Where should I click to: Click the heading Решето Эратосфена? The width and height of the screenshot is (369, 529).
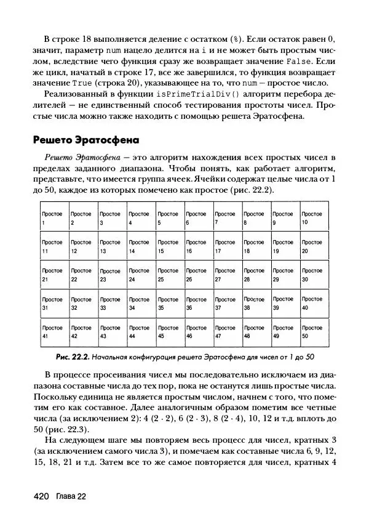tap(85, 140)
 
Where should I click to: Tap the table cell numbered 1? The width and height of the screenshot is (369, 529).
tap(54, 218)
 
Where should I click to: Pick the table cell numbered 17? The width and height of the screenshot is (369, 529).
tap(228, 246)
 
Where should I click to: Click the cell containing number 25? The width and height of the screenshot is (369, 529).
tap(170, 275)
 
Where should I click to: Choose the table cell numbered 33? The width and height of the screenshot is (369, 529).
tap(112, 303)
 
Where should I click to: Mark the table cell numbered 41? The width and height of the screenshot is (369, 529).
tap(54, 332)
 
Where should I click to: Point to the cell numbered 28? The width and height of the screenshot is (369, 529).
tap(256, 275)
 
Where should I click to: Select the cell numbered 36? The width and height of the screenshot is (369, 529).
tap(199, 303)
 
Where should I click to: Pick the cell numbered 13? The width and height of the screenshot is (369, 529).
tap(112, 246)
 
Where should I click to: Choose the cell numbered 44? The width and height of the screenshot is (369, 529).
tap(141, 332)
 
